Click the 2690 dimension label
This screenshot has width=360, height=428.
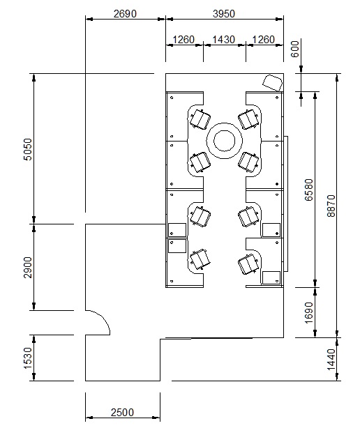click(x=125, y=14)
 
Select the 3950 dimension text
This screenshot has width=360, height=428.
click(x=224, y=14)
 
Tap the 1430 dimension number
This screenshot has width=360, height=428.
click(x=223, y=40)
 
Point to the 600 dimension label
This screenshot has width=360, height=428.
click(x=295, y=49)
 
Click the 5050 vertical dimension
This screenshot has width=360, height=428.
click(x=28, y=149)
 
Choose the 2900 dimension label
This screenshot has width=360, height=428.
click(x=28, y=267)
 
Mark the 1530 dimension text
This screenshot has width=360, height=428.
click(x=28, y=358)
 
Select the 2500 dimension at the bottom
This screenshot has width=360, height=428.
click(x=122, y=413)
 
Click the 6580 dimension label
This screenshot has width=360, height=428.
click(x=308, y=190)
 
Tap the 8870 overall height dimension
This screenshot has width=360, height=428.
click(x=331, y=206)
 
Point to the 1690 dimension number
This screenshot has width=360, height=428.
click(x=308, y=312)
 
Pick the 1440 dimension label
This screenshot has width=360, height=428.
click(x=331, y=360)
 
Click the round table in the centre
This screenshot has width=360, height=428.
click(x=224, y=141)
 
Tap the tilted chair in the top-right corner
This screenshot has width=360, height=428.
click(x=272, y=82)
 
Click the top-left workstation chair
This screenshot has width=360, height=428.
click(x=200, y=119)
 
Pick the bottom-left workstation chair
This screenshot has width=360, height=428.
click(x=200, y=259)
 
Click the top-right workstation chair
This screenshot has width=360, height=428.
click(x=248, y=119)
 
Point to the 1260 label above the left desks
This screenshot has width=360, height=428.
click(x=183, y=40)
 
